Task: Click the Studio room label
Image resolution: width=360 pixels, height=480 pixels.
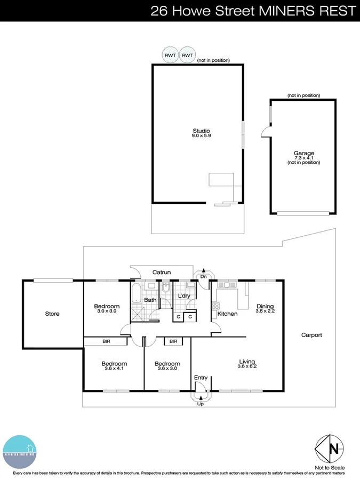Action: click(x=201, y=131)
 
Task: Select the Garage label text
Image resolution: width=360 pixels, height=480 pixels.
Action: click(x=304, y=154)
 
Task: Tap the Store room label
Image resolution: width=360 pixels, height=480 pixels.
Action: click(x=52, y=314)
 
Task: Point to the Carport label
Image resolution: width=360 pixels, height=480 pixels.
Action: click(x=311, y=335)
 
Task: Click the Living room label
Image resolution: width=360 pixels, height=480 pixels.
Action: click(x=248, y=361)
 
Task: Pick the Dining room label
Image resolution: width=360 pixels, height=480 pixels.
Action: click(x=265, y=306)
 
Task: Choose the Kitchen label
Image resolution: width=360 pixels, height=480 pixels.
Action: click(x=227, y=314)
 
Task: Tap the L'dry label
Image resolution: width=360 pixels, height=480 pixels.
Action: click(x=185, y=296)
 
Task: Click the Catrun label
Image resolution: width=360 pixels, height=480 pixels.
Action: click(x=162, y=273)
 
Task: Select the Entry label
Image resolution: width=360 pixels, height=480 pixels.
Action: click(x=201, y=378)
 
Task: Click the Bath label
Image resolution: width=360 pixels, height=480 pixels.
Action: click(x=150, y=300)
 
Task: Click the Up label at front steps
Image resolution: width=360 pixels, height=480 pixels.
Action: click(x=201, y=404)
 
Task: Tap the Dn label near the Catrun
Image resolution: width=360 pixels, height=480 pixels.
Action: click(x=203, y=276)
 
